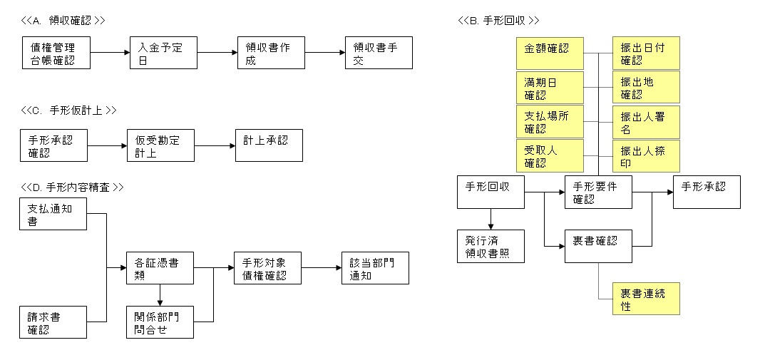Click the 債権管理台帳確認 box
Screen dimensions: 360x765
coord(57,53)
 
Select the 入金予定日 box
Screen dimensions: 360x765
coord(163,53)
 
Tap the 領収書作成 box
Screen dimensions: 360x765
coord(271,53)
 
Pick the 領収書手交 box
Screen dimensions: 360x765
coord(378,53)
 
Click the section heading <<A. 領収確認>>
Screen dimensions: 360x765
coord(63,20)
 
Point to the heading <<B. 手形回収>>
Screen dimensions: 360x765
coord(498,20)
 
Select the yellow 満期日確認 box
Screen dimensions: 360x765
coord(549,88)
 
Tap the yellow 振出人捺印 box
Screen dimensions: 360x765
coord(646,156)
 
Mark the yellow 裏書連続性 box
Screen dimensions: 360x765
coord(646,299)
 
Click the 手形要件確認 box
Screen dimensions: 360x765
coord(598,192)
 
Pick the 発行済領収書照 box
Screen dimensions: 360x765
coord(491,246)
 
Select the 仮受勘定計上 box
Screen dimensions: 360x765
coord(160,145)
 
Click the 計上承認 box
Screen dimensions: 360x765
coord(269,145)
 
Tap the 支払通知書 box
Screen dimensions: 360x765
coord(53,214)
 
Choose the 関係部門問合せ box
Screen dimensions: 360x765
coord(160,322)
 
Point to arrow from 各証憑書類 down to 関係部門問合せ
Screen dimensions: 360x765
coord(160,295)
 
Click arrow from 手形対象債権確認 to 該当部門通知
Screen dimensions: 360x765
coord(320,268)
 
